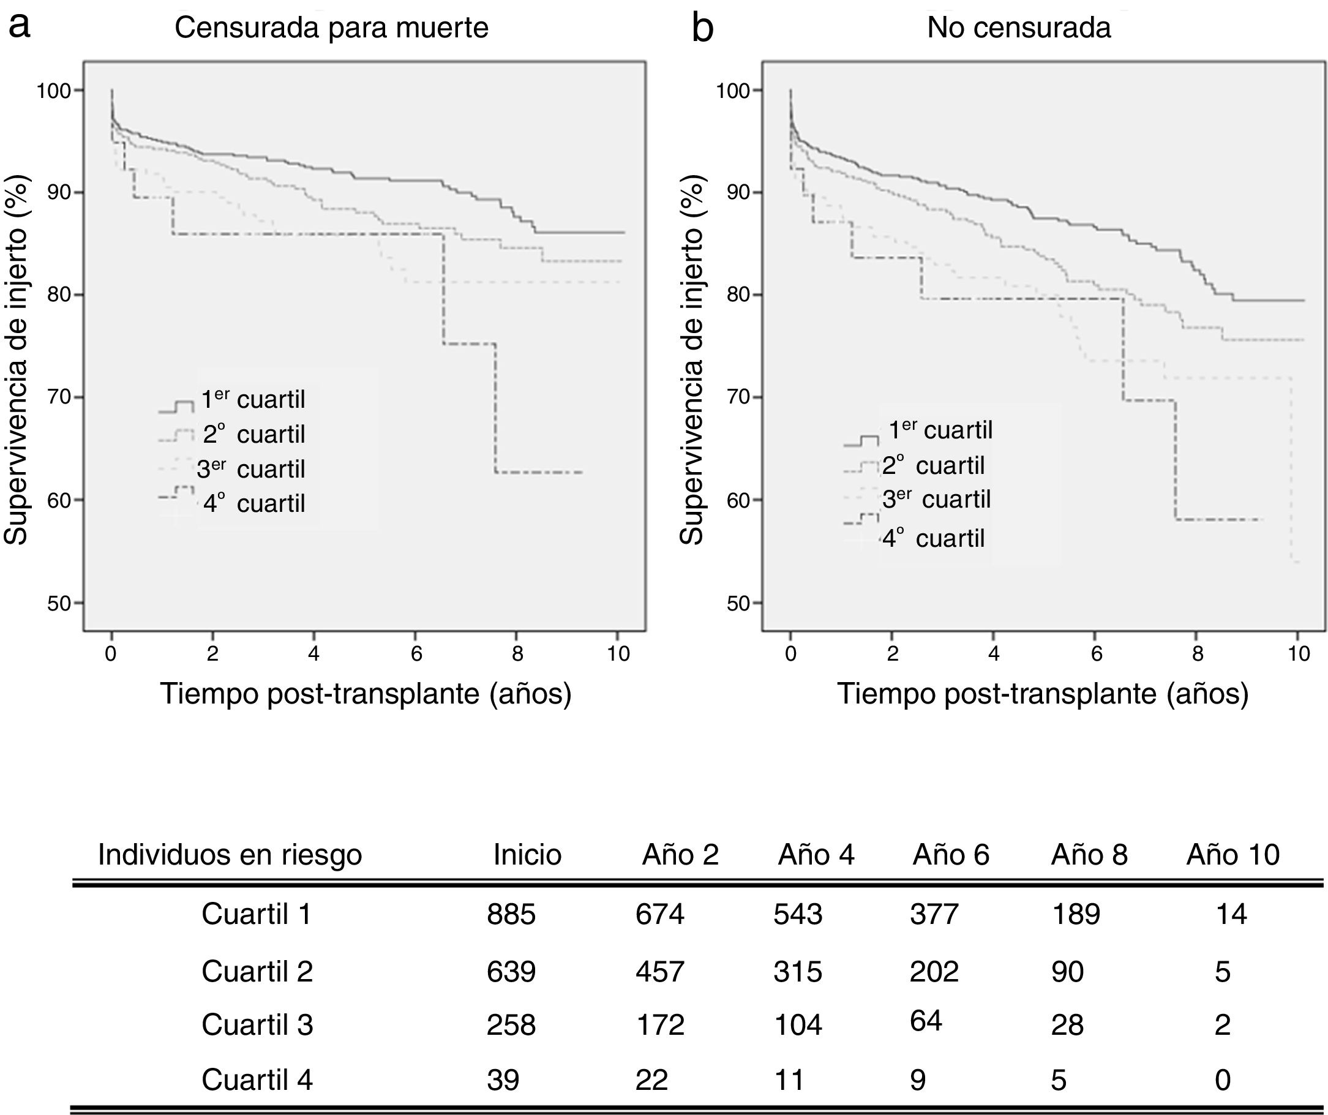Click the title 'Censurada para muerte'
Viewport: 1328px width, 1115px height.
(331, 28)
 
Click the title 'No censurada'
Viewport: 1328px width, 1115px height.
(1019, 28)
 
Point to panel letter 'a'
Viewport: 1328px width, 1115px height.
(20, 26)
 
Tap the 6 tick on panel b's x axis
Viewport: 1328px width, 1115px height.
(1096, 653)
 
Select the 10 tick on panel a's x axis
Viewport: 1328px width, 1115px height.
(618, 653)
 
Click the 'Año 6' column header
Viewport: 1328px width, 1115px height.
(950, 855)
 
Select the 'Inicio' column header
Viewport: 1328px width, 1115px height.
(527, 855)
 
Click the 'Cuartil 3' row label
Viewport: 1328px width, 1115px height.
(257, 1024)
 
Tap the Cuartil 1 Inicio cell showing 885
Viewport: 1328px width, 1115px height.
(511, 915)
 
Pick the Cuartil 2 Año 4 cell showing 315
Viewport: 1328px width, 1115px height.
(797, 972)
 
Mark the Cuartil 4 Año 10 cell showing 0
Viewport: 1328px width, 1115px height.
(1223, 1079)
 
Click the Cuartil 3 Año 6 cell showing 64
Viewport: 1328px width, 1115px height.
(926, 1021)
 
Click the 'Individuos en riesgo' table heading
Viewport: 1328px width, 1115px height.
(230, 855)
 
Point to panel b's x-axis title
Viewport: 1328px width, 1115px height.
(1043, 694)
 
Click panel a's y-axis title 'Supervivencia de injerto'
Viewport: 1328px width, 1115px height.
(17, 361)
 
